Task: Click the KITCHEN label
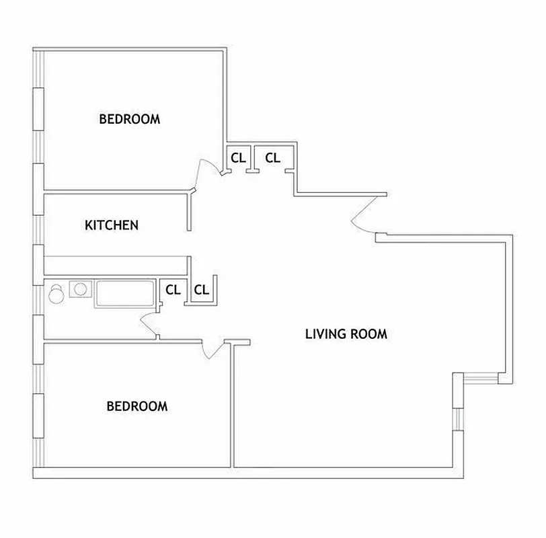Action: [112, 225]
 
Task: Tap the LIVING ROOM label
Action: [346, 334]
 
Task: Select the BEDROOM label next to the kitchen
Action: [130, 120]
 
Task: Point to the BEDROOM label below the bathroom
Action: [137, 406]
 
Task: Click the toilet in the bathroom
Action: [56, 293]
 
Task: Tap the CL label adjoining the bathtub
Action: [173, 290]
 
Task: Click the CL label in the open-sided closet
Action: [202, 291]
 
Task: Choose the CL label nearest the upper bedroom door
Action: [238, 158]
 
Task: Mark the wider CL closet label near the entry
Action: [272, 158]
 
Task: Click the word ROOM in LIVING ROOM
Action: [368, 334]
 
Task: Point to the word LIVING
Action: [325, 334]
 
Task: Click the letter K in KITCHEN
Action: [88, 225]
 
